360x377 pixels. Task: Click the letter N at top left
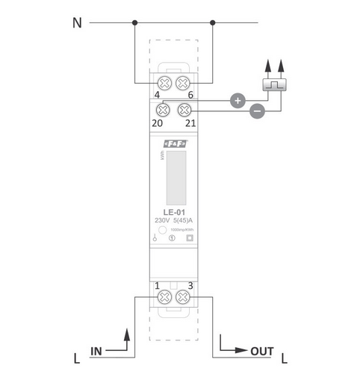pyautogui.click(x=77, y=23)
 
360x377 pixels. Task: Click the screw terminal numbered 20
pyautogui.click(x=164, y=110)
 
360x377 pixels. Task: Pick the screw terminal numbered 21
pyautogui.click(x=181, y=110)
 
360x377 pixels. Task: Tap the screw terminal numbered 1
pyautogui.click(x=164, y=297)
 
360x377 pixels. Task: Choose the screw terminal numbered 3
pyautogui.click(x=181, y=297)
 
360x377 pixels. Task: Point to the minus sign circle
pyautogui.click(x=256, y=112)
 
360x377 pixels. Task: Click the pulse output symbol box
pyautogui.click(x=274, y=84)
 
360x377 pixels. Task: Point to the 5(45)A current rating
pyautogui.click(x=182, y=221)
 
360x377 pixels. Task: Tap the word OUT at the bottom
pyautogui.click(x=261, y=350)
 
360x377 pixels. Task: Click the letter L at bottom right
pyautogui.click(x=285, y=359)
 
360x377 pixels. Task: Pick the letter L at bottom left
pyautogui.click(x=77, y=359)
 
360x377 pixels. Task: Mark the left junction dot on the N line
pyautogui.click(x=134, y=22)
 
